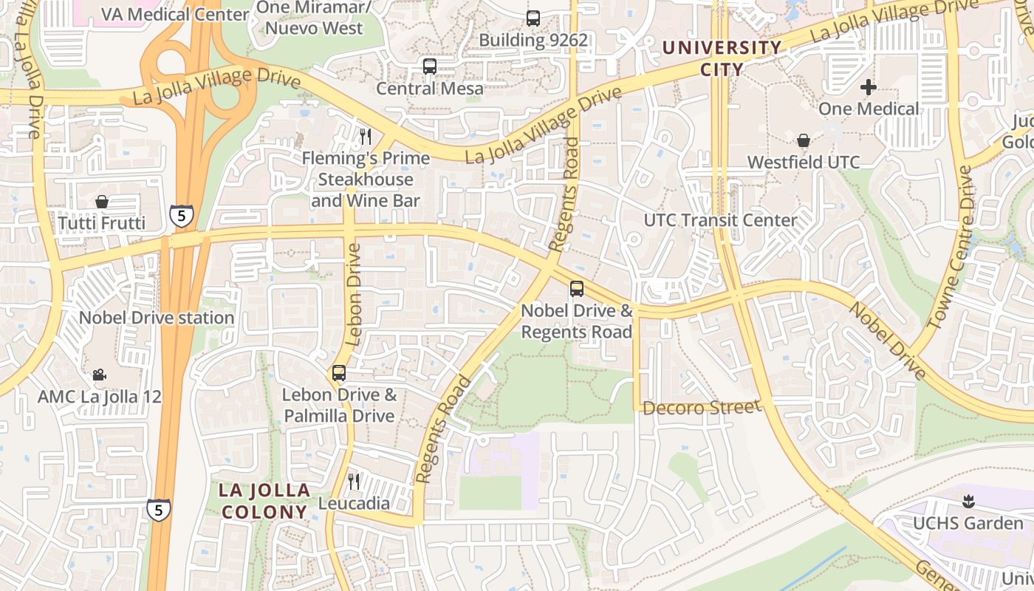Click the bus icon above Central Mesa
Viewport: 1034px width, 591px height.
[x=430, y=66]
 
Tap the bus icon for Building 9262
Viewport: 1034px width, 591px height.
[x=533, y=18]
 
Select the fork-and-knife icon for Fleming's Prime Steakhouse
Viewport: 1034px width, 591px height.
[x=365, y=136]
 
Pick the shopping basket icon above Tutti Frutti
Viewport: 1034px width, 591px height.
[x=102, y=202]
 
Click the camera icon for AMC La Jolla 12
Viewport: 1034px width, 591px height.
[x=100, y=375]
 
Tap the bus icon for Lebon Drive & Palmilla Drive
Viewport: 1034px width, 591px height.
[x=339, y=373]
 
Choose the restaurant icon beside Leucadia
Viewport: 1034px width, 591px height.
[x=354, y=482]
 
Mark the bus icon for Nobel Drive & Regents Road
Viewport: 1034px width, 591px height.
[x=577, y=289]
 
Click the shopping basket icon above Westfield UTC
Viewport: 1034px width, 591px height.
[x=804, y=140]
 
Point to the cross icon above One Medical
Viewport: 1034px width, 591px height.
[x=869, y=87]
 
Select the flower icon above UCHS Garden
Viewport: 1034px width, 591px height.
[x=968, y=502]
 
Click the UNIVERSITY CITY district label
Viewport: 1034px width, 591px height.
[x=722, y=58]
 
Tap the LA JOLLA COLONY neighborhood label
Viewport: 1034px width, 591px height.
[x=264, y=501]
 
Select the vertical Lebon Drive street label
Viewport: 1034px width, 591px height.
[x=354, y=295]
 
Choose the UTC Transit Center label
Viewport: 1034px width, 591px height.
[x=721, y=220]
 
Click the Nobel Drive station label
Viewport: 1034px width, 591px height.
[x=157, y=318]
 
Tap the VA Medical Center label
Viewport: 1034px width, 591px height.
[x=175, y=14]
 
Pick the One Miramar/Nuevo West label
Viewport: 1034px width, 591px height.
[x=314, y=18]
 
